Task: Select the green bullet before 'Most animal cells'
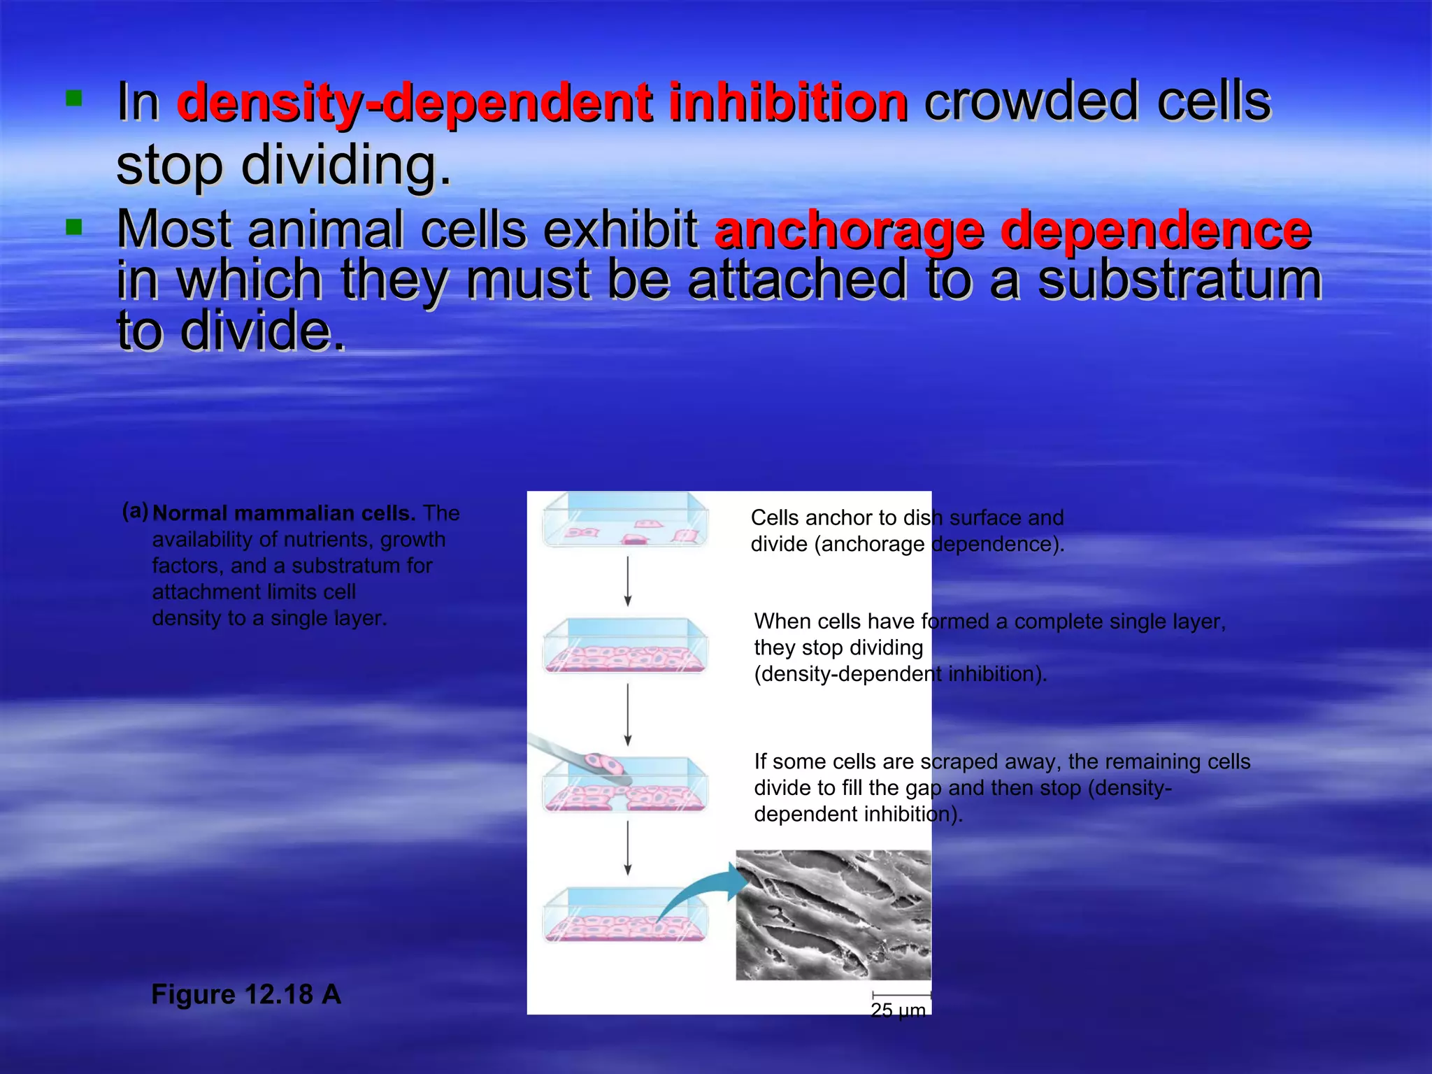coord(73,227)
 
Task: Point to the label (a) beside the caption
coord(135,511)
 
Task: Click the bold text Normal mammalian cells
coord(283,513)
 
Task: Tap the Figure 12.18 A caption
coord(246,994)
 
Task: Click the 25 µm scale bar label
coord(898,1010)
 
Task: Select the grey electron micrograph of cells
coord(833,915)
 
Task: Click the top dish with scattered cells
coord(625,521)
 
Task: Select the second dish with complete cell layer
coord(625,647)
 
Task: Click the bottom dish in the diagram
coord(625,916)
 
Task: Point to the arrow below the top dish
coord(628,581)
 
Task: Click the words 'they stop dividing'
coord(838,647)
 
